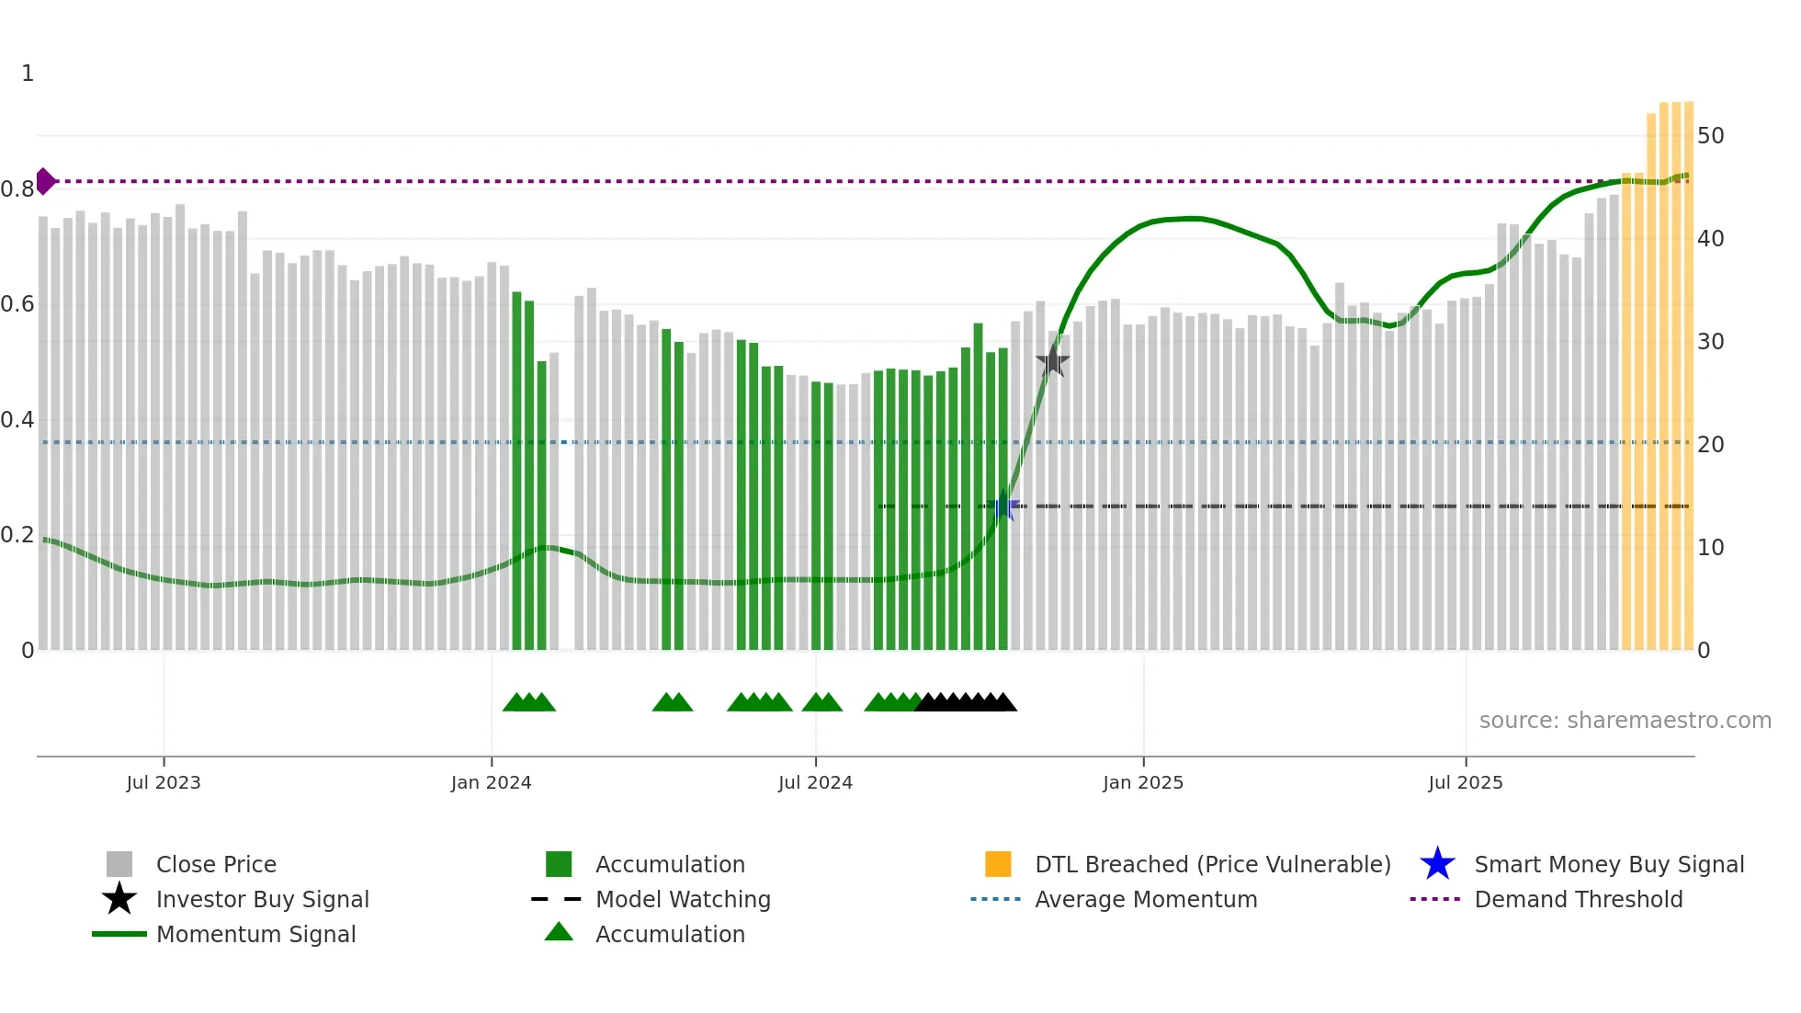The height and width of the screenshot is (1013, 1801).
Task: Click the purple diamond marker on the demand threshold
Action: (x=44, y=181)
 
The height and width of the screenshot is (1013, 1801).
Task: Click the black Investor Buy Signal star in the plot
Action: (x=1052, y=361)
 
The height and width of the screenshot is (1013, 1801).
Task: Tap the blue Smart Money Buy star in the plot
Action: (x=1005, y=506)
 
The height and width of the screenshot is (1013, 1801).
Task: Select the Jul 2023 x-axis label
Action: (x=164, y=782)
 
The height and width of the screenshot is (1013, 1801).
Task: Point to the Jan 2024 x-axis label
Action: (x=491, y=782)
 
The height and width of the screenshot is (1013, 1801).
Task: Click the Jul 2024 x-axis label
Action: (x=815, y=782)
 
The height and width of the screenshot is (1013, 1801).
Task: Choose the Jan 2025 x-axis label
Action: (x=1143, y=782)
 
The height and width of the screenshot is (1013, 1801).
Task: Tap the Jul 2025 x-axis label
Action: (x=1466, y=782)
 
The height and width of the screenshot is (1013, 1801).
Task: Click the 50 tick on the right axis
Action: (x=1710, y=136)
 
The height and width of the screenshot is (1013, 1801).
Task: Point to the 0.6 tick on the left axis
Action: (x=17, y=304)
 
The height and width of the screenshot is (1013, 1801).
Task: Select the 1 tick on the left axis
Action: (x=28, y=74)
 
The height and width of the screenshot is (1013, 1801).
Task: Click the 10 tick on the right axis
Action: (x=1710, y=548)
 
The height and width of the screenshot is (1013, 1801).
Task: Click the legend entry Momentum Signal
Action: (x=255, y=934)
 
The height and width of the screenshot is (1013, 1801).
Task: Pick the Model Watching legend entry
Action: (x=683, y=899)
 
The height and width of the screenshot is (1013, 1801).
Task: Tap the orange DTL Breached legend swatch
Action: (x=998, y=864)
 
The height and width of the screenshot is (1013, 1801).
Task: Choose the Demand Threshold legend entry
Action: (x=1578, y=899)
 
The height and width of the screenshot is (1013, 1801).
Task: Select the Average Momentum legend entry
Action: (x=1145, y=899)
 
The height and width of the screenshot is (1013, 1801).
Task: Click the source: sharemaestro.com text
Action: (x=1625, y=721)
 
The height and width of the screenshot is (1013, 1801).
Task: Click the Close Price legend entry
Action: (x=216, y=864)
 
